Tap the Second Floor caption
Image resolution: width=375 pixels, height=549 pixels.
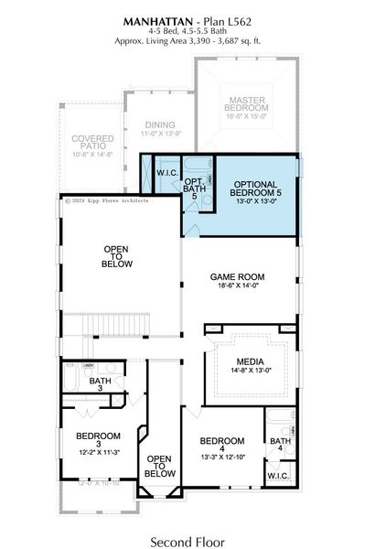[x=187, y=530]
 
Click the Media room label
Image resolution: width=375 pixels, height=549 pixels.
[x=250, y=361]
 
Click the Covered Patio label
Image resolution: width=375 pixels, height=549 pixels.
[x=91, y=144]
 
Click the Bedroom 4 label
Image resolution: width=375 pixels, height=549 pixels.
[x=221, y=441]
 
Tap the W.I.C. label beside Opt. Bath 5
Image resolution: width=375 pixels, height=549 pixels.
[x=166, y=173]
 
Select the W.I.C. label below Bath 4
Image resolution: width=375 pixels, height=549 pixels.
[x=278, y=477]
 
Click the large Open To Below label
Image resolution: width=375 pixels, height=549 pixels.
[x=118, y=257]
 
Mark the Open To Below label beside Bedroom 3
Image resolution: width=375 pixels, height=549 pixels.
[x=159, y=466]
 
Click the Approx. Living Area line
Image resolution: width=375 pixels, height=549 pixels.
[x=187, y=41]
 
